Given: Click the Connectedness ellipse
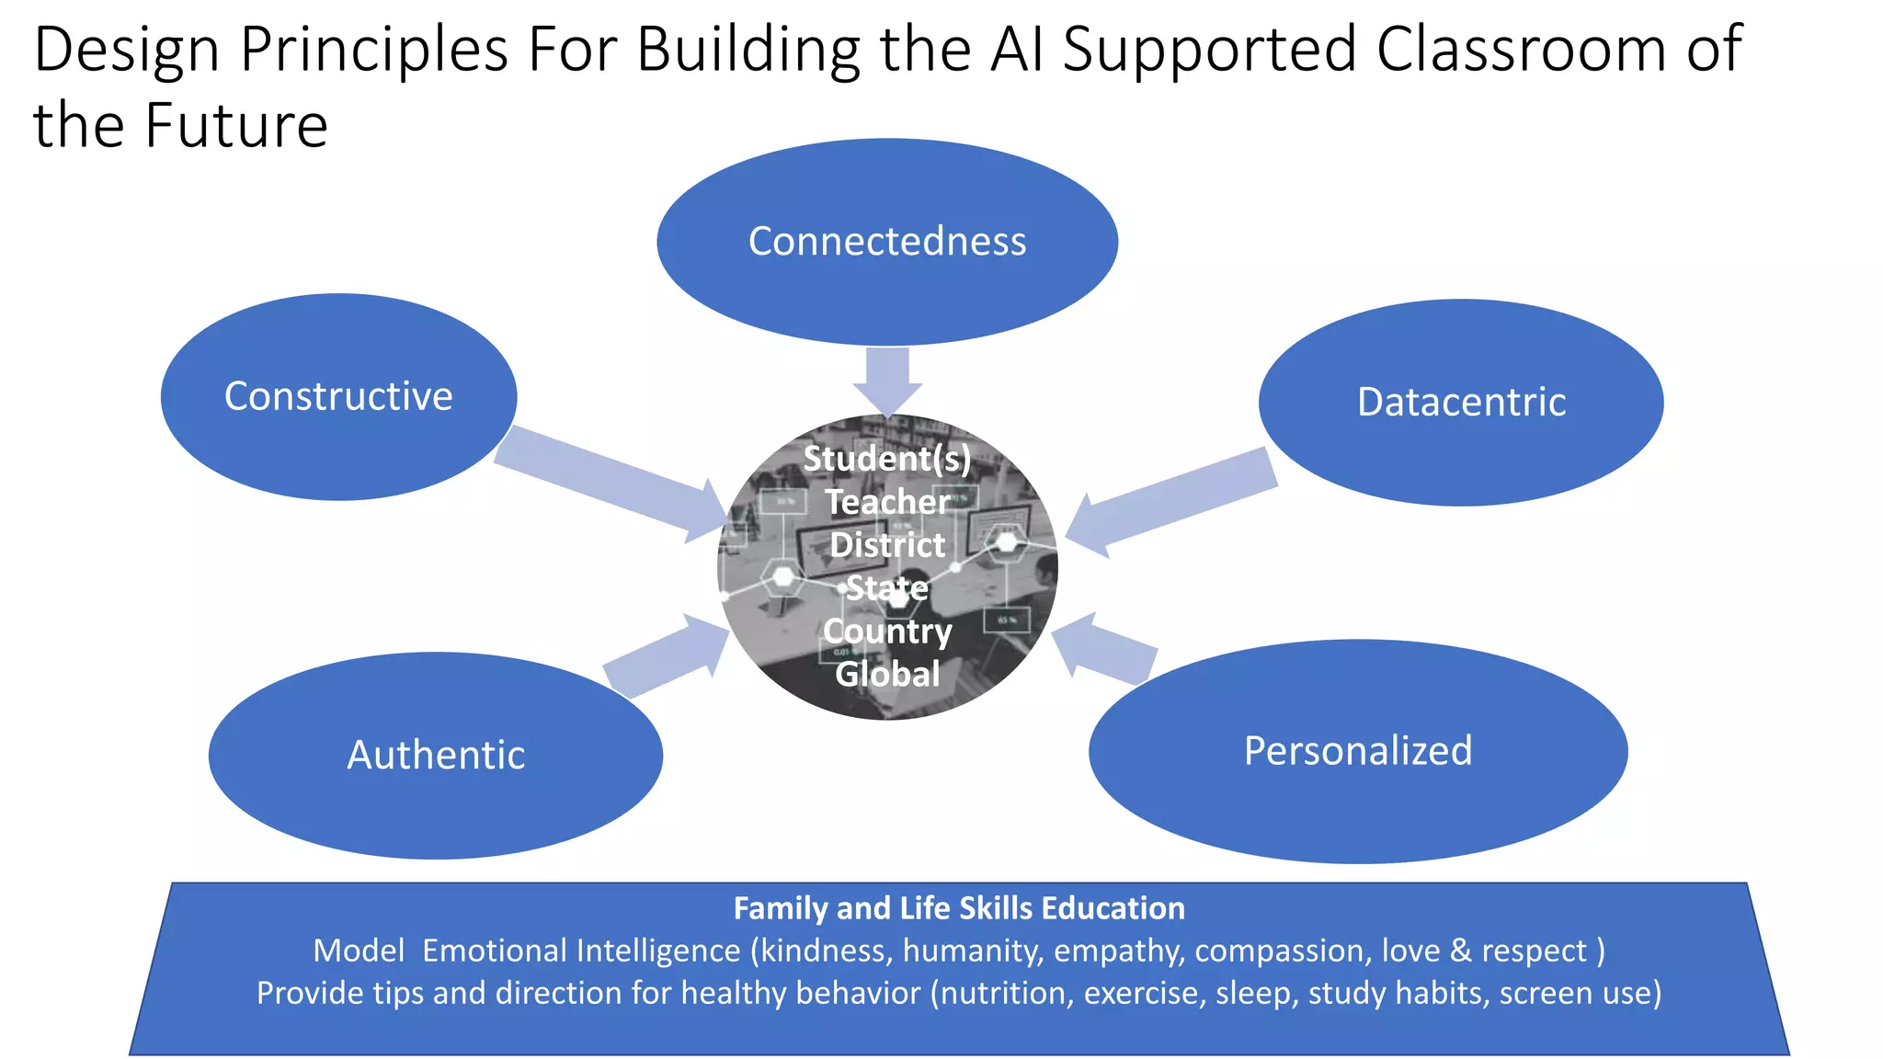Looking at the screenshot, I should pos(887,242).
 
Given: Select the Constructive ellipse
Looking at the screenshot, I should pos(338,396).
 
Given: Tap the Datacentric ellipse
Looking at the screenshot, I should pos(1461,403).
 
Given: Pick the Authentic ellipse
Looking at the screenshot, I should pos(436,756).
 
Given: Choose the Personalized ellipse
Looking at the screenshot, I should pos(1358,751).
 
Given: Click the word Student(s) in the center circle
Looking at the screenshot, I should pos(887,458).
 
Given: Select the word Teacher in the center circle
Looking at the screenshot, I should pos(887,502).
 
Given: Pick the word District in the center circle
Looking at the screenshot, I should pos(887,545).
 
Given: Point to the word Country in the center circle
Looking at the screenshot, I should pos(887,632).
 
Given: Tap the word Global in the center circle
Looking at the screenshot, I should pos(887,675).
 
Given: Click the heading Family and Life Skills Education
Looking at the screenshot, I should pos(959,908).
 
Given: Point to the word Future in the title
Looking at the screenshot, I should pos(236,126).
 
